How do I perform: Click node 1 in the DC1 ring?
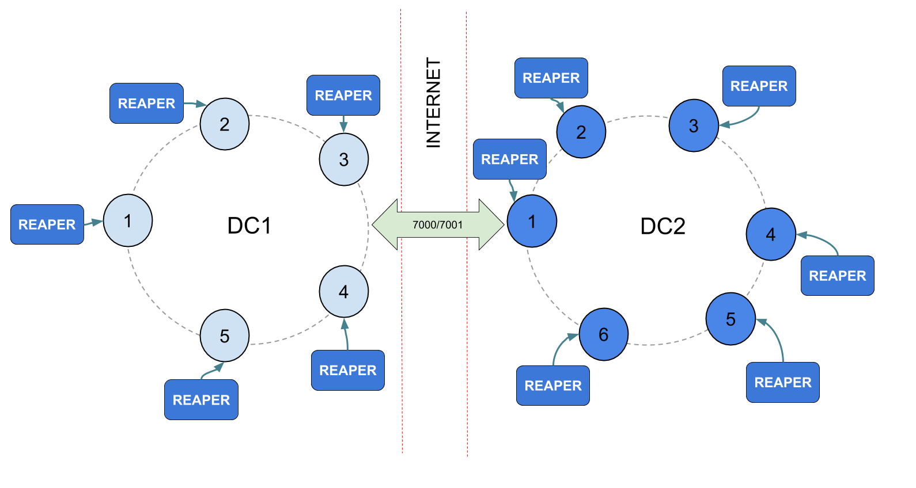pyautogui.click(x=128, y=220)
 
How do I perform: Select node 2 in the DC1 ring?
pyautogui.click(x=225, y=124)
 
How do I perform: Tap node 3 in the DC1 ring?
pyautogui.click(x=344, y=159)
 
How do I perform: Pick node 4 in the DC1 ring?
pyautogui.click(x=344, y=292)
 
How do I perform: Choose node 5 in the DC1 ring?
pyautogui.click(x=225, y=335)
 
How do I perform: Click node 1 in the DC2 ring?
pyautogui.click(x=532, y=221)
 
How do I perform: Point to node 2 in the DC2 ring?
pyautogui.click(x=581, y=132)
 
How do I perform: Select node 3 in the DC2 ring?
pyautogui.click(x=694, y=125)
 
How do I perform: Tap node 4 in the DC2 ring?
pyautogui.click(x=771, y=234)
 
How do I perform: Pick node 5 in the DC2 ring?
pyautogui.click(x=730, y=319)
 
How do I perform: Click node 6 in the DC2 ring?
pyautogui.click(x=604, y=334)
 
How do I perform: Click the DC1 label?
pyautogui.click(x=249, y=226)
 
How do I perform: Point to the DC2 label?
pyautogui.click(x=663, y=226)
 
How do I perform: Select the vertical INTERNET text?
pyautogui.click(x=433, y=102)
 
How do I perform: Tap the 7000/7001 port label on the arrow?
pyautogui.click(x=438, y=225)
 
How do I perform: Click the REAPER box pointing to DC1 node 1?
pyautogui.click(x=47, y=224)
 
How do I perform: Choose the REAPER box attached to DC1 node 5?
pyautogui.click(x=201, y=399)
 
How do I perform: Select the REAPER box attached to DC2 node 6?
pyautogui.click(x=553, y=386)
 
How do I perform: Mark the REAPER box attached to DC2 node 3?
pyautogui.click(x=759, y=86)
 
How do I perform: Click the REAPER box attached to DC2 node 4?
pyautogui.click(x=837, y=276)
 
